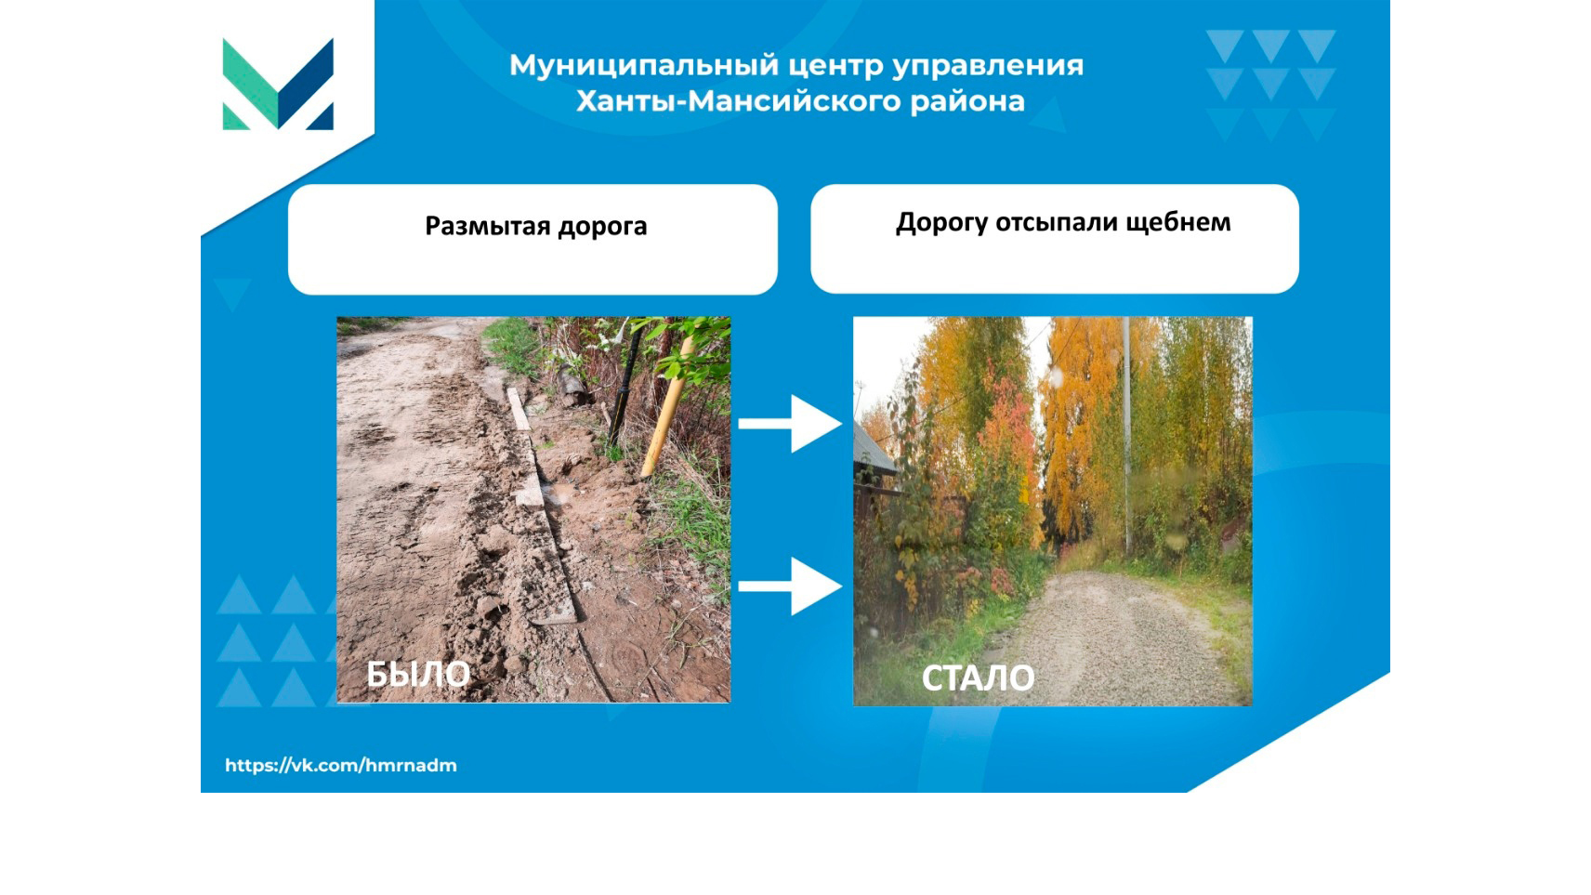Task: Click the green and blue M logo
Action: click(x=278, y=85)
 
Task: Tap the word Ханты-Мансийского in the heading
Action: click(x=738, y=101)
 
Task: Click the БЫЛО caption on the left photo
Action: click(x=418, y=674)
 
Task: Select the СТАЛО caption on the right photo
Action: click(x=978, y=678)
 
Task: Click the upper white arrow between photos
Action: click(x=790, y=424)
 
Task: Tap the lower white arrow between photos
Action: click(x=790, y=586)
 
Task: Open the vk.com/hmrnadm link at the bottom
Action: click(x=341, y=766)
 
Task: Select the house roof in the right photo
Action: click(x=873, y=451)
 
